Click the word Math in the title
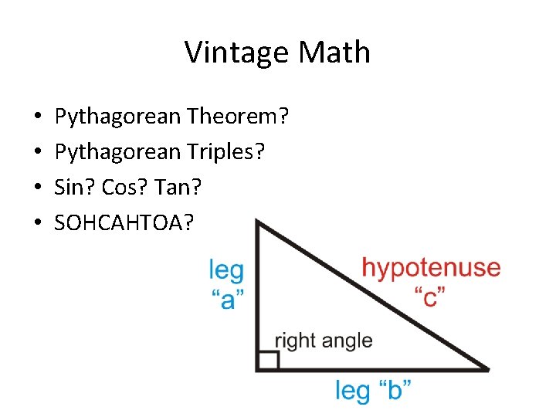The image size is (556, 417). tap(334, 53)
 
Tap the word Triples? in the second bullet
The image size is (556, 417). tap(226, 151)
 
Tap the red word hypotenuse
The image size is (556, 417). tap(431, 268)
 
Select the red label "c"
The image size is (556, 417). tap(430, 297)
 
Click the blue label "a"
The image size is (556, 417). tap(227, 299)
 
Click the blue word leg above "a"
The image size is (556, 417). tap(226, 271)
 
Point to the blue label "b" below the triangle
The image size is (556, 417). tap(394, 390)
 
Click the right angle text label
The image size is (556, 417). tap(323, 341)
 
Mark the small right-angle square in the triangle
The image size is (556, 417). tap(268, 360)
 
